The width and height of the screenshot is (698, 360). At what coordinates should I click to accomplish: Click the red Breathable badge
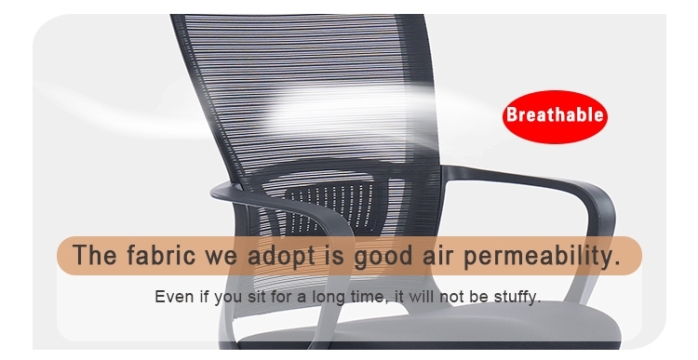(555, 117)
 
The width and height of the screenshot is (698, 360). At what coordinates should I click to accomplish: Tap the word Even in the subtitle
(173, 298)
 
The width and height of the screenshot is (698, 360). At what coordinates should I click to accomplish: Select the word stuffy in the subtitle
(517, 298)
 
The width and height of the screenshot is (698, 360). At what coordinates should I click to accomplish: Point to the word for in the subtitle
(286, 298)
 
